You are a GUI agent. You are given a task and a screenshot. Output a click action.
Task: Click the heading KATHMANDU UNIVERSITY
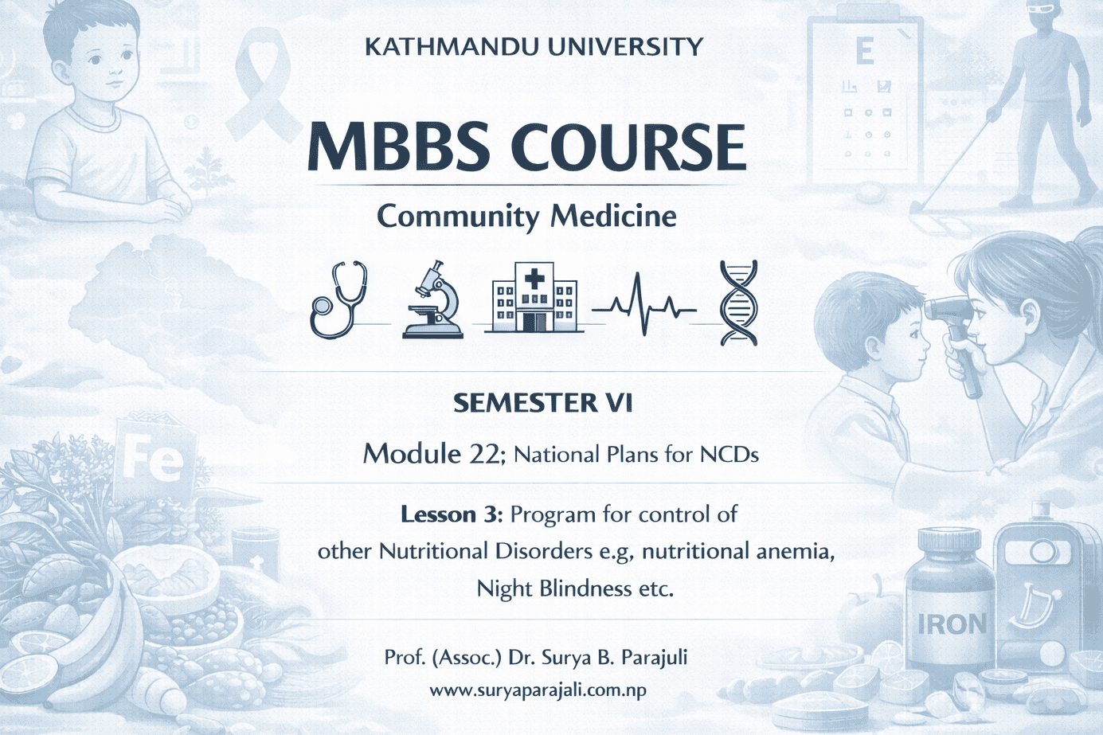point(534,47)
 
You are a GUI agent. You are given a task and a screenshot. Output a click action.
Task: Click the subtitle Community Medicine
point(526,217)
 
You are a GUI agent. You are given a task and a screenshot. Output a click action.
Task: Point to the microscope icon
point(433,300)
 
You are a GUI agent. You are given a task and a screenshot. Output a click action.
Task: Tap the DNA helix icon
point(738,303)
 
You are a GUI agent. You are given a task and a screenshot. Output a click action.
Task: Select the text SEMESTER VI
point(543,404)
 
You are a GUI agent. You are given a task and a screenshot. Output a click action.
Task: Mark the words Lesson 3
point(451,514)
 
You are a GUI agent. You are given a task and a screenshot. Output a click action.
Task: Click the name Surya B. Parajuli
point(614,658)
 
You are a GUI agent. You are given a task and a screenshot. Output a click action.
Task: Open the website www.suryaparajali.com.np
point(538,690)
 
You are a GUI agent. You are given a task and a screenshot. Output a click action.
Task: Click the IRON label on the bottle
point(952,624)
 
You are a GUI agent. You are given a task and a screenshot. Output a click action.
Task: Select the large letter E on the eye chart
point(864,52)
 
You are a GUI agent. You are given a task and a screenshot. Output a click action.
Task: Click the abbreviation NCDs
point(729,455)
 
